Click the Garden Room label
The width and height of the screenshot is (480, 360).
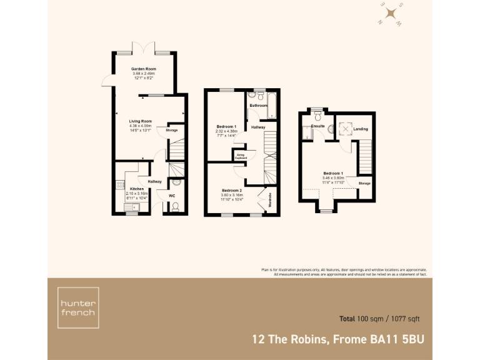point(143,69)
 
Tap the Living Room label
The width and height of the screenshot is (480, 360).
point(141,121)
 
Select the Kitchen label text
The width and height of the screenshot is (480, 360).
point(136,188)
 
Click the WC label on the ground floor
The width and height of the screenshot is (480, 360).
point(172,196)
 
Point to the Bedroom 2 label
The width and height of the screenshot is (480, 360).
point(231,190)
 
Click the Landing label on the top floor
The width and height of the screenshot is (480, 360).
point(361,129)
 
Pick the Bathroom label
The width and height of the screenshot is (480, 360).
point(258,106)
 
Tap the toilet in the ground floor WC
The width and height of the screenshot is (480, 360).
point(176,206)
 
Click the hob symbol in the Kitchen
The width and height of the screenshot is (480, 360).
point(119,185)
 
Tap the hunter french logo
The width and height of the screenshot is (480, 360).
point(78,307)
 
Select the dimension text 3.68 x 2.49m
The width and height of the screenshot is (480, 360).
point(143,74)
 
